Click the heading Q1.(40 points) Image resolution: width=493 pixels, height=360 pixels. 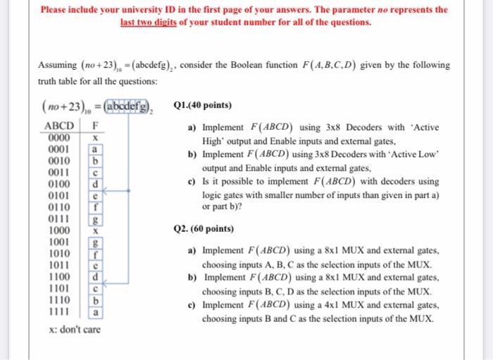202,106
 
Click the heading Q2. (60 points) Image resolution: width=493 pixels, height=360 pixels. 204,230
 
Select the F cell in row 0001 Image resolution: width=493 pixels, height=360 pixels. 95,150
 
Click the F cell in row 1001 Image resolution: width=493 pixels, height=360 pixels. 95,242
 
